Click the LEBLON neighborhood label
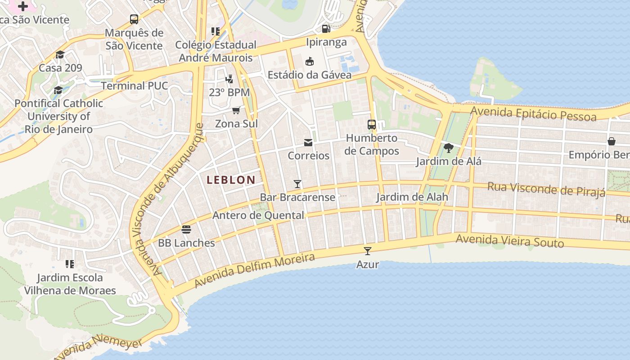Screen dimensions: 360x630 click(x=231, y=180)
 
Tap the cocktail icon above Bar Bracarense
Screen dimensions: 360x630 click(x=297, y=184)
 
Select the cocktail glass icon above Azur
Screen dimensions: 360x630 click(x=368, y=251)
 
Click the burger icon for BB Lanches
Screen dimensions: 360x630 click(x=186, y=229)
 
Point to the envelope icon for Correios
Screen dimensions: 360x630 click(x=308, y=143)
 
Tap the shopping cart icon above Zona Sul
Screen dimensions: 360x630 click(x=236, y=110)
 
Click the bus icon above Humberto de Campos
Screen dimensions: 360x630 click(x=372, y=125)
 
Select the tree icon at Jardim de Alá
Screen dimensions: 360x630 click(x=448, y=148)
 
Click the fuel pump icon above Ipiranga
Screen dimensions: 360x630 click(x=326, y=29)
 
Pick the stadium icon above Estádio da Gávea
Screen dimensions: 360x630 click(x=310, y=61)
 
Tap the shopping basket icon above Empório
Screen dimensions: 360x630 click(x=612, y=141)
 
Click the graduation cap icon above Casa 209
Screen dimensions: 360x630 click(x=60, y=54)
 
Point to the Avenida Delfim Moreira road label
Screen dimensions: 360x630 click(x=254, y=270)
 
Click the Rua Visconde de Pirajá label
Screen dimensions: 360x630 click(x=546, y=189)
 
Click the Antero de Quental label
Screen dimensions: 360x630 click(x=258, y=216)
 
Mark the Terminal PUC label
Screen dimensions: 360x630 click(x=135, y=86)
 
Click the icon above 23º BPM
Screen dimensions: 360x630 click(x=229, y=79)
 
